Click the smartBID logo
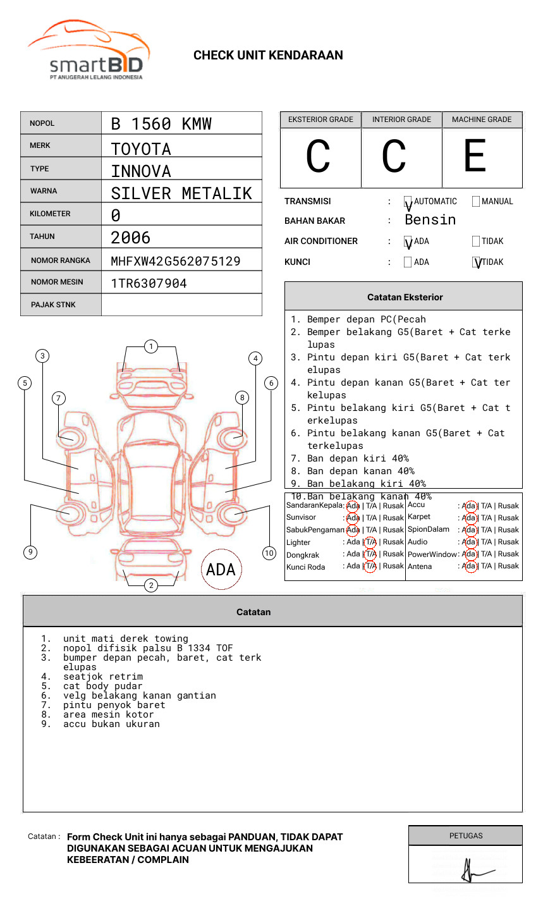88,51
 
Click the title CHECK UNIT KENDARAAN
268,56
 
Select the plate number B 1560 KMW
161,124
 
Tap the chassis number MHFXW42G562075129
176,261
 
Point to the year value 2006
131,238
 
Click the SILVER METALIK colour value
181,193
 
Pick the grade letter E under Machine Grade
475,156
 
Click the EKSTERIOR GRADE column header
320,119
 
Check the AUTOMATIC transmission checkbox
408,202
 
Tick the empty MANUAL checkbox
476,202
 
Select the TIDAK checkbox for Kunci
476,262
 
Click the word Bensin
430,220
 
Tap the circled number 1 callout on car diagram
151,346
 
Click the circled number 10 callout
269,553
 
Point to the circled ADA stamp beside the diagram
221,570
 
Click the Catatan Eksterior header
405,297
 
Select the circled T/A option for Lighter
370,542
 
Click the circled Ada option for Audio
469,542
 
